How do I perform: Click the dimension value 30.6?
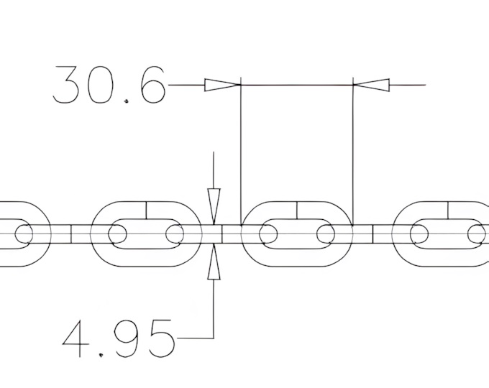[x=109, y=85]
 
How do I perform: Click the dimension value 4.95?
[x=119, y=338]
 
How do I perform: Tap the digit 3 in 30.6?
[x=65, y=85]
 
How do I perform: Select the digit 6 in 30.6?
[x=152, y=85]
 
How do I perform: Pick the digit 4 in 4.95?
[x=74, y=338]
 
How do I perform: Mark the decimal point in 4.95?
[x=101, y=355]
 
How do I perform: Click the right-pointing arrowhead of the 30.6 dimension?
[x=223, y=85]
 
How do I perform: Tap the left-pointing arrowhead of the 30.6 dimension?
[x=371, y=85]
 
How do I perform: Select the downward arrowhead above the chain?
[x=214, y=206]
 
